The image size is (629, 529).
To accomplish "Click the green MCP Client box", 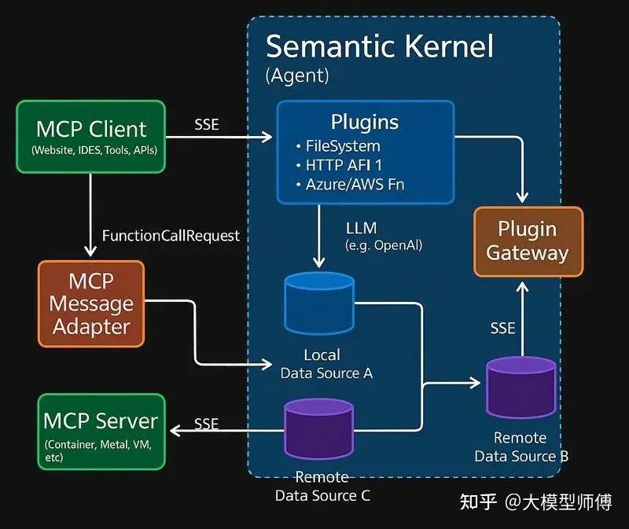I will pyautogui.click(x=90, y=136).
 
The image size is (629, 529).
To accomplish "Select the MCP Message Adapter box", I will pyautogui.click(x=91, y=303).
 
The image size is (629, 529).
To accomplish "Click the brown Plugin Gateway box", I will pyautogui.click(x=528, y=241).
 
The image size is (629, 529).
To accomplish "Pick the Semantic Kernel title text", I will pyautogui.click(x=380, y=47).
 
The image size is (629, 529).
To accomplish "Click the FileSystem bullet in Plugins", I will pyautogui.click(x=343, y=146).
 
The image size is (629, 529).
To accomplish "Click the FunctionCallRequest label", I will pyautogui.click(x=171, y=236).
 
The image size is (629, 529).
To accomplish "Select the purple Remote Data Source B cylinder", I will pyautogui.click(x=520, y=386).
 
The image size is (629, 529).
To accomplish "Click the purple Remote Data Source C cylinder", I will pyautogui.click(x=319, y=428).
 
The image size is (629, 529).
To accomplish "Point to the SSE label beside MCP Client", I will pyautogui.click(x=207, y=124).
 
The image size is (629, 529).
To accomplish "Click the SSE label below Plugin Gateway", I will pyautogui.click(x=502, y=328).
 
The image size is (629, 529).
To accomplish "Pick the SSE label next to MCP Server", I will pyautogui.click(x=206, y=424).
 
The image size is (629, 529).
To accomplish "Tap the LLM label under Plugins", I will pyautogui.click(x=361, y=229).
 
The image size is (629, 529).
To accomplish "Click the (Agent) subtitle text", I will pyautogui.click(x=297, y=76).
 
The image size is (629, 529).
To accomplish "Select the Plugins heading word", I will pyautogui.click(x=364, y=123).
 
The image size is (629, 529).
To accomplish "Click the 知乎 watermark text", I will pyautogui.click(x=479, y=502).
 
